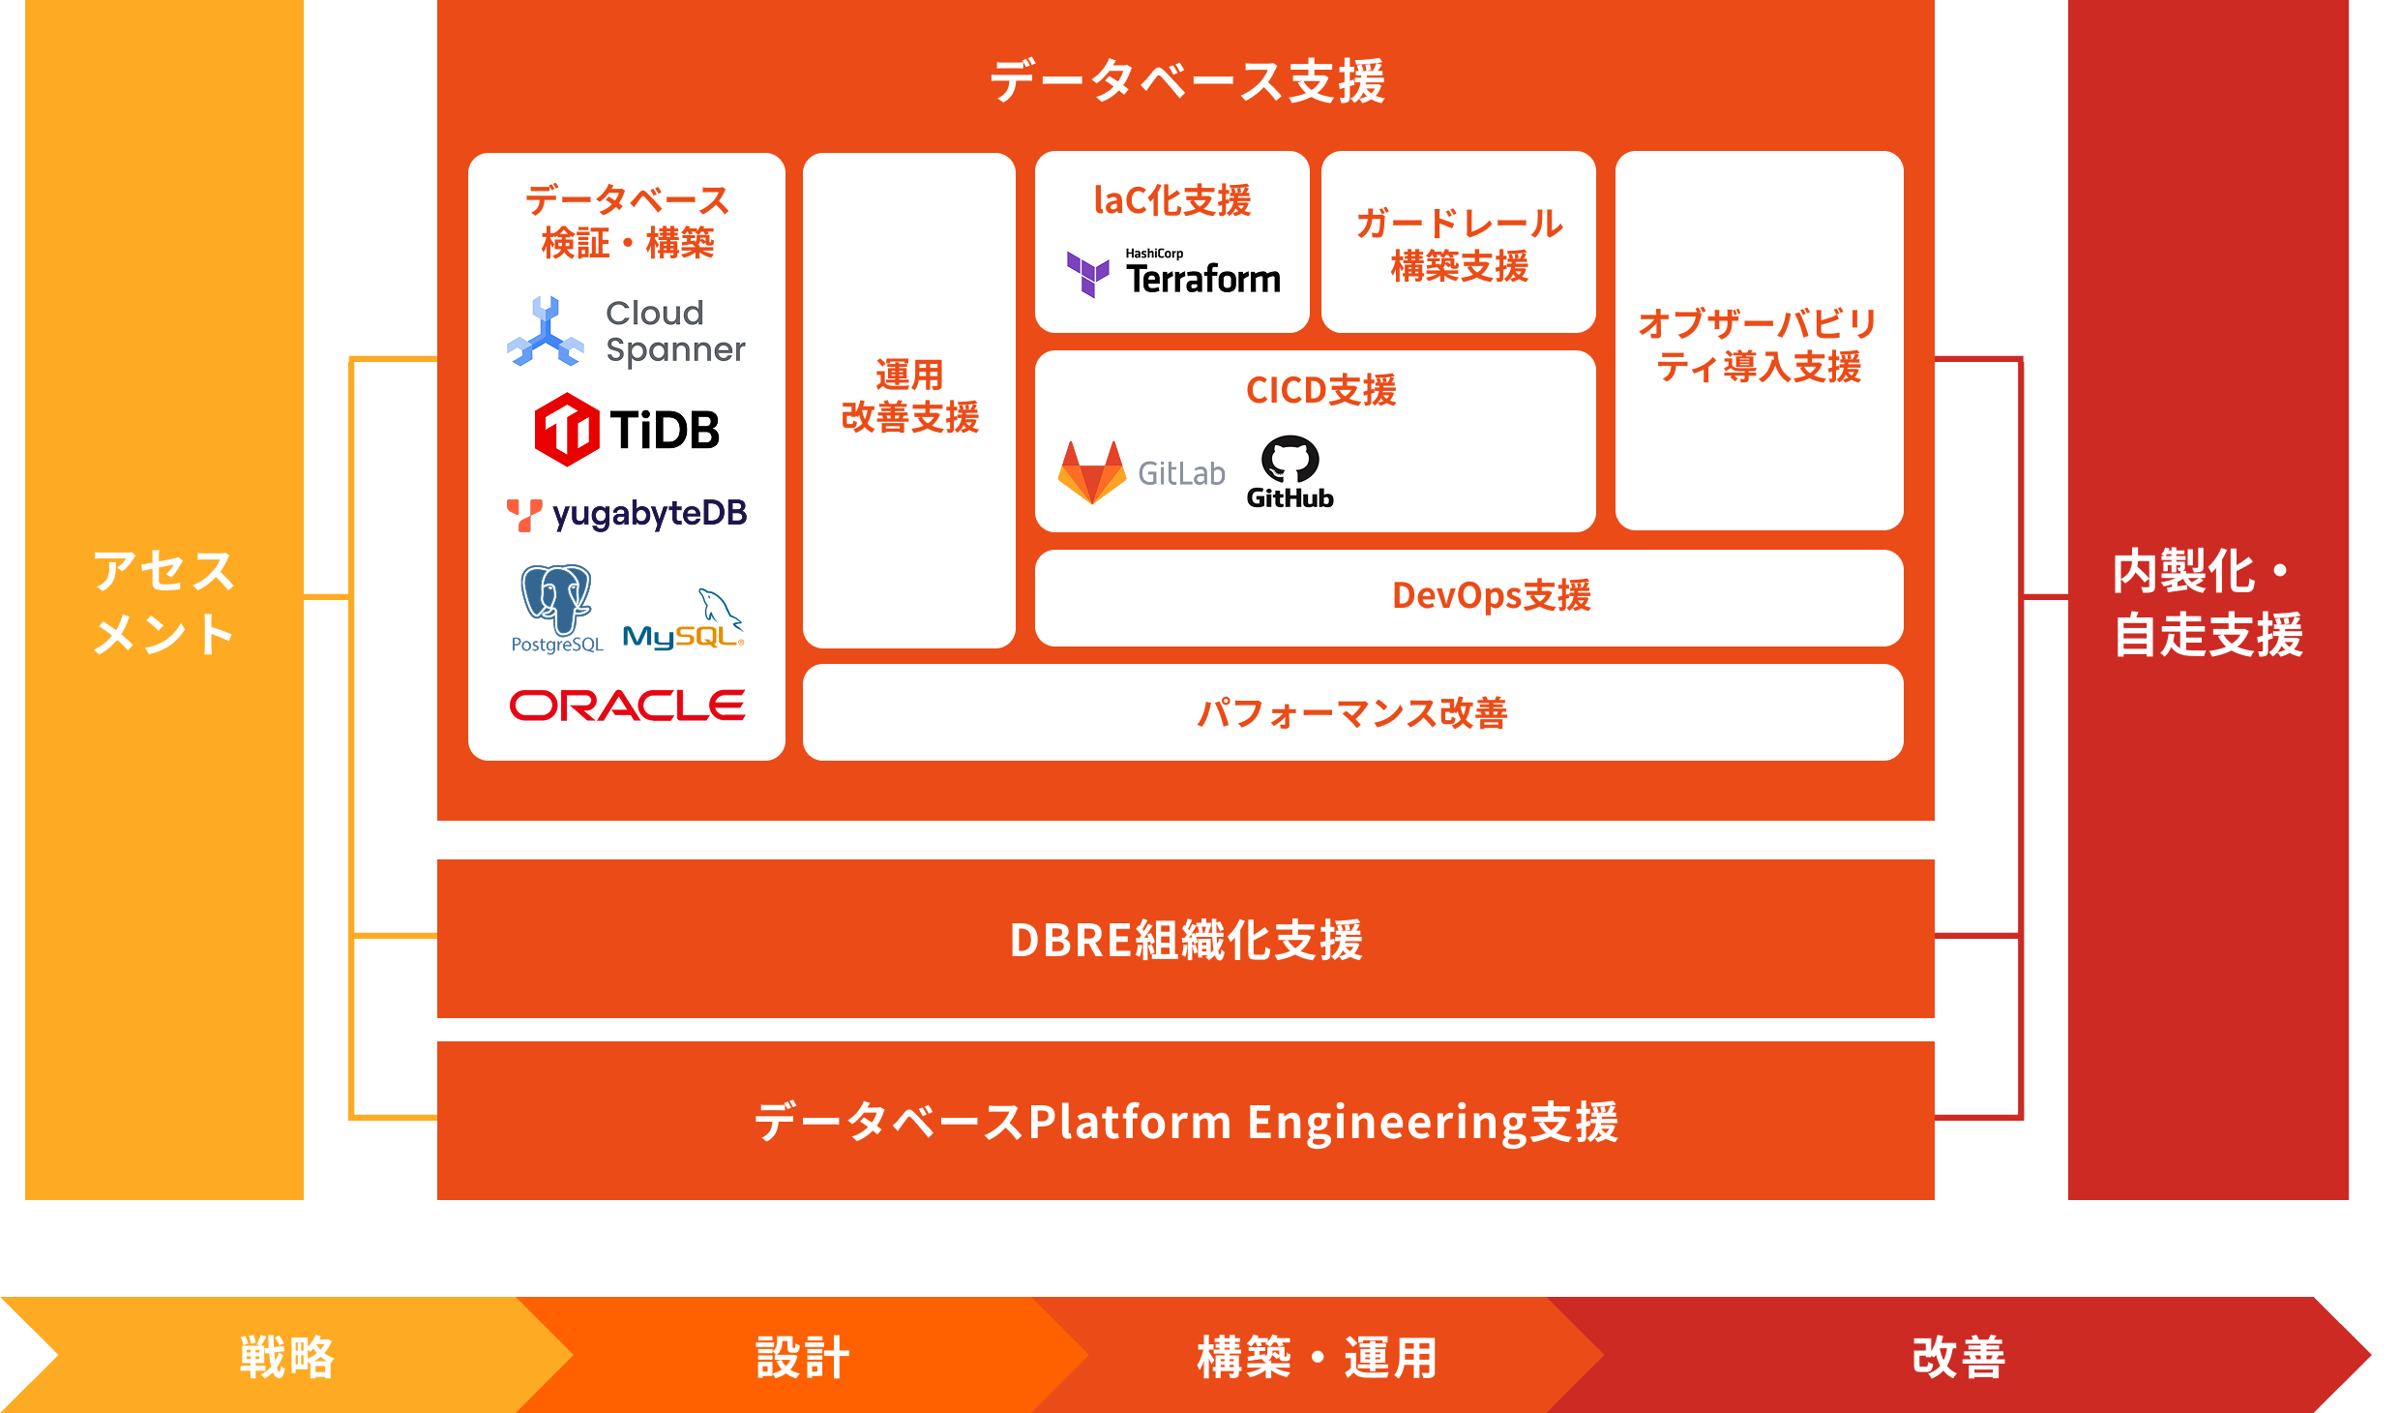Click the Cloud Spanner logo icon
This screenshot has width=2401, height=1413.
pos(546,332)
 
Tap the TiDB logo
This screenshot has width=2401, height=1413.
pos(627,430)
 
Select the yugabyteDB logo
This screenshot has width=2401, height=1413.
pos(627,514)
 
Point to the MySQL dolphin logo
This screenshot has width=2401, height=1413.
pos(684,621)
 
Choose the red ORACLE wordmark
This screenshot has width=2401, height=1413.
pos(627,706)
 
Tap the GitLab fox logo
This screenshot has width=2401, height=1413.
pos(1093,472)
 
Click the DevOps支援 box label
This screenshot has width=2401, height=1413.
pos(1491,596)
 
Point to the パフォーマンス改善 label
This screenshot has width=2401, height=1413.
pos(1352,713)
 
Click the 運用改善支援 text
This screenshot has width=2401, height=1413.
pos(909,397)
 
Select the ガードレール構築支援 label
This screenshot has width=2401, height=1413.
pos(1459,244)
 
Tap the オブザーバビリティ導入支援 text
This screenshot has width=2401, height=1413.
pos(1758,345)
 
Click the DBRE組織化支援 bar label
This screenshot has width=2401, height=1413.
pos(1186,940)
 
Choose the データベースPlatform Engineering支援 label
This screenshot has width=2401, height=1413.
pos(1186,1123)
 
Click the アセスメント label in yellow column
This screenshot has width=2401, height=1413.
pos(164,602)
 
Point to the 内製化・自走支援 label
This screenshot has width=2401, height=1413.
pos(2208,602)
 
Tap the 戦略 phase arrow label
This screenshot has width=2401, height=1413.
pos(286,1357)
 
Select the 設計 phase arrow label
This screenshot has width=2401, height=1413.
pos(803,1357)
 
